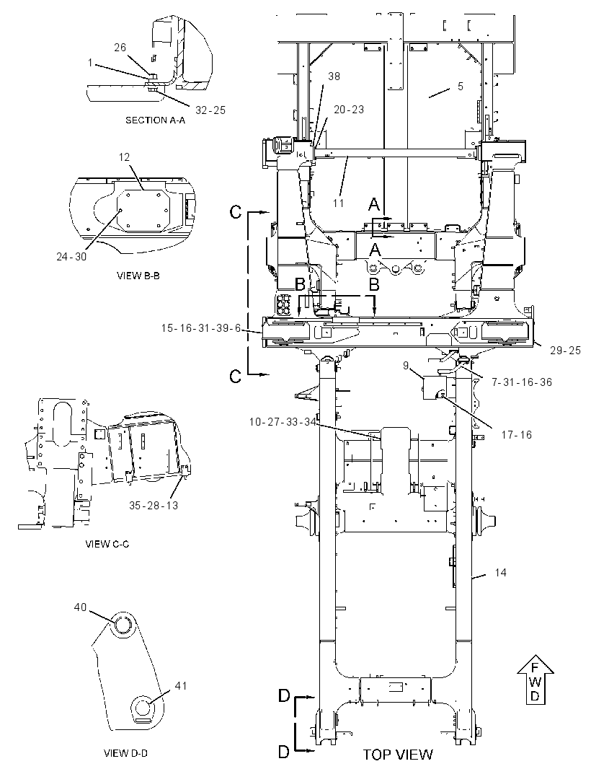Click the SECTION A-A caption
pyautogui.click(x=156, y=120)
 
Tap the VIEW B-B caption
pyautogui.click(x=138, y=276)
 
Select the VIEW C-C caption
pyautogui.click(x=107, y=544)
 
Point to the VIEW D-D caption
pyautogui.click(x=126, y=753)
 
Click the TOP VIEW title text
pyautogui.click(x=398, y=755)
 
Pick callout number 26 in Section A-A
pyautogui.click(x=120, y=48)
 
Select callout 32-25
pyautogui.click(x=210, y=110)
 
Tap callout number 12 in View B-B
pyautogui.click(x=124, y=157)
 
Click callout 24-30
pyautogui.click(x=71, y=257)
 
